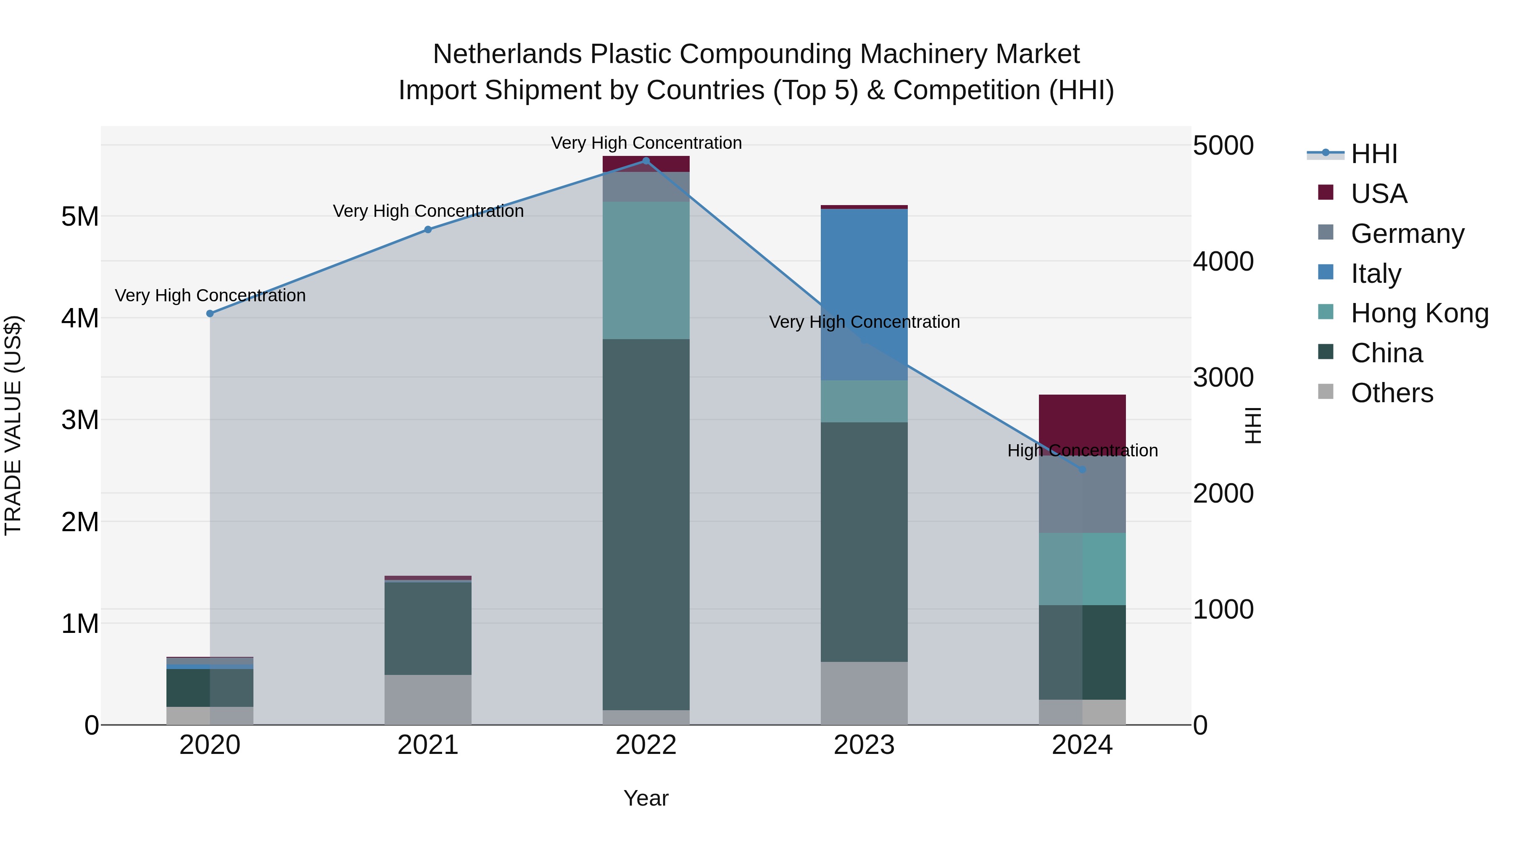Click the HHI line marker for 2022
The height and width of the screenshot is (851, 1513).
coord(646,161)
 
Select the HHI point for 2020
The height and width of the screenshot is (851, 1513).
coord(210,314)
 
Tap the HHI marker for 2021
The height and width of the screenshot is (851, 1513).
coord(428,229)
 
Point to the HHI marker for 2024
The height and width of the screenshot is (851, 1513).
coord(1083,470)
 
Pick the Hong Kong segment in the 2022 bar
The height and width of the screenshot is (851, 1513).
coord(646,270)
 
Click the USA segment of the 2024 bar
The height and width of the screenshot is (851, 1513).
coord(1083,420)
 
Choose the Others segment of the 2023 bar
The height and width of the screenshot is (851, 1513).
coord(864,693)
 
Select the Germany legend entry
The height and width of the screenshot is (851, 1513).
coord(1407,233)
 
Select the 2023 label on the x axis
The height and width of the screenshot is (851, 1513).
coord(864,745)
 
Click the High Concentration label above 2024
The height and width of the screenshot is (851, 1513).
coord(1083,451)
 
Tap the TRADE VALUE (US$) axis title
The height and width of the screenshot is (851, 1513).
coord(13,425)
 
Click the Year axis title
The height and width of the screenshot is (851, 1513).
coord(646,798)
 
